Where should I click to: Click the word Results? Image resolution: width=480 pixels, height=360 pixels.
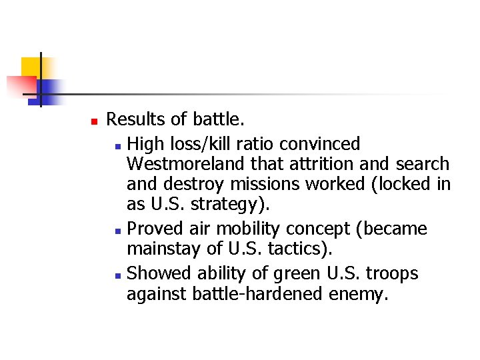135,120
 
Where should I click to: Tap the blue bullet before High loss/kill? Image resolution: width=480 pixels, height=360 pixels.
117,145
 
